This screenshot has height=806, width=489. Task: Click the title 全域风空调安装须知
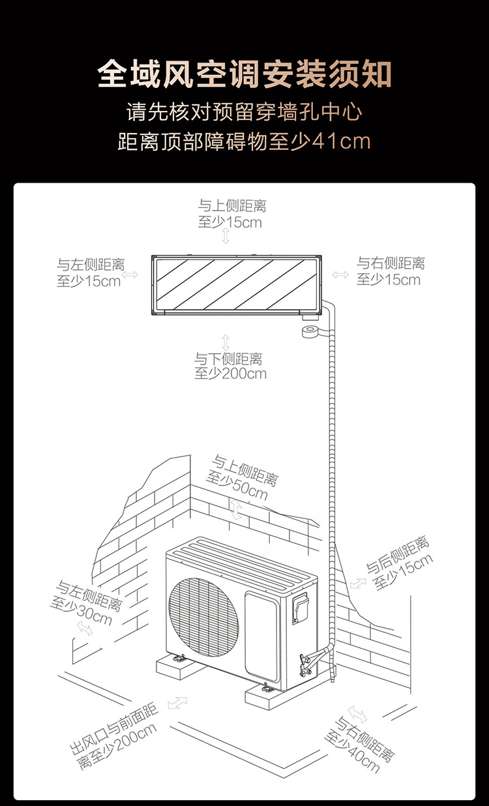(244, 74)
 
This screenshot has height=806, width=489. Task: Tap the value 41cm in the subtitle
(342, 141)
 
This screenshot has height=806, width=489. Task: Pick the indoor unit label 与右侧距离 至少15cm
(390, 271)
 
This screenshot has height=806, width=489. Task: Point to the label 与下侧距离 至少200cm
(230, 366)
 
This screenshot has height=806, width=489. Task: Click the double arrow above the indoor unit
(226, 236)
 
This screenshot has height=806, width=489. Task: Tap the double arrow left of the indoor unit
(130, 275)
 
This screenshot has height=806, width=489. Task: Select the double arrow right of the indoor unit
(340, 275)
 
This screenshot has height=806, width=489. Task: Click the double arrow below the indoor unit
(226, 342)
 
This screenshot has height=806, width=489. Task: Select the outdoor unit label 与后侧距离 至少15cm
(398, 563)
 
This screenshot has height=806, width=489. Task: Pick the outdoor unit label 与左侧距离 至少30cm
(85, 603)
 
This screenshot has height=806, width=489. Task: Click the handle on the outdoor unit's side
(300, 606)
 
